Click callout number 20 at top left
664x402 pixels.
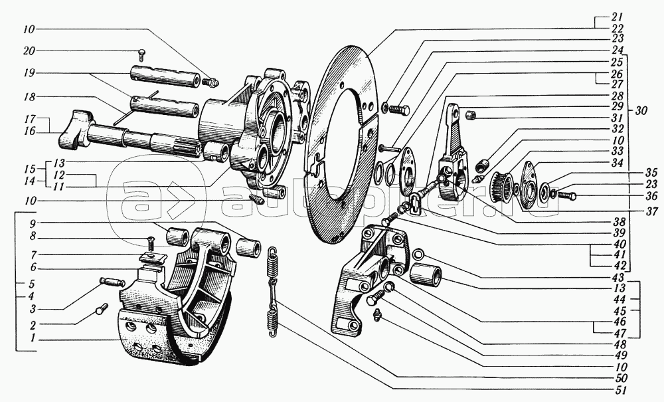[29, 51]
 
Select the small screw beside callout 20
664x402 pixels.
[141, 54]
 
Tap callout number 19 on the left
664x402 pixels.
[29, 73]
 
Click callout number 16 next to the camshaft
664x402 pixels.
[29, 132]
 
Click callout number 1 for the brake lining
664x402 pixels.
[32, 340]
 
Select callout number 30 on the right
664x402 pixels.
[641, 111]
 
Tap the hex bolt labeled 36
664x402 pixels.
[565, 196]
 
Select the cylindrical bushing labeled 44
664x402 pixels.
[425, 274]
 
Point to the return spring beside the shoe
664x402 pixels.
[272, 292]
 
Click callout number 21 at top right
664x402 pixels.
[617, 17]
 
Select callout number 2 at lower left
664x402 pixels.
[32, 325]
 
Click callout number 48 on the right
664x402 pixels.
[620, 344]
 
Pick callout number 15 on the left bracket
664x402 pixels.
[29, 169]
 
